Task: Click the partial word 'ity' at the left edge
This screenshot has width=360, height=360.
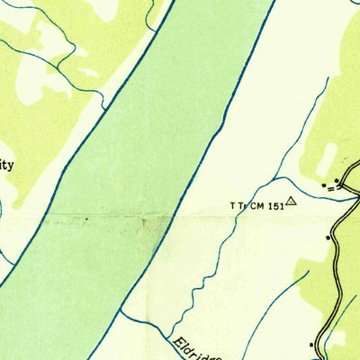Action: [x=7, y=166]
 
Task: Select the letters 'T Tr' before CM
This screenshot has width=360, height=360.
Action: [x=238, y=206]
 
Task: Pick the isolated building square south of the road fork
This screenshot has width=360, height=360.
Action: [x=328, y=237]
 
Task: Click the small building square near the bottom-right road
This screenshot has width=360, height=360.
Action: [x=312, y=345]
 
